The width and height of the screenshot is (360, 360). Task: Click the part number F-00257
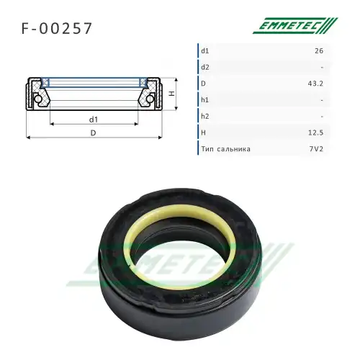[x=57, y=28]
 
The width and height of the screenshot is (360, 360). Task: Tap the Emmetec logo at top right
[x=295, y=25]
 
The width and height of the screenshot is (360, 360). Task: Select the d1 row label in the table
[x=205, y=51]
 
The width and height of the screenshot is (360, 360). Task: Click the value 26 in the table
[x=319, y=51]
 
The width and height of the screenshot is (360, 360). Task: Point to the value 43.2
[x=315, y=84]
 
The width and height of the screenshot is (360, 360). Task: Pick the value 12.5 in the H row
[x=315, y=132]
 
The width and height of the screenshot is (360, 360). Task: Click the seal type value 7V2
[x=316, y=149]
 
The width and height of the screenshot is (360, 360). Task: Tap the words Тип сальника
[x=226, y=149]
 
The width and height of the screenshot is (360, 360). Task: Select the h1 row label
[x=205, y=100]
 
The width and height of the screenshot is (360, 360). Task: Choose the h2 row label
[x=205, y=116]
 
